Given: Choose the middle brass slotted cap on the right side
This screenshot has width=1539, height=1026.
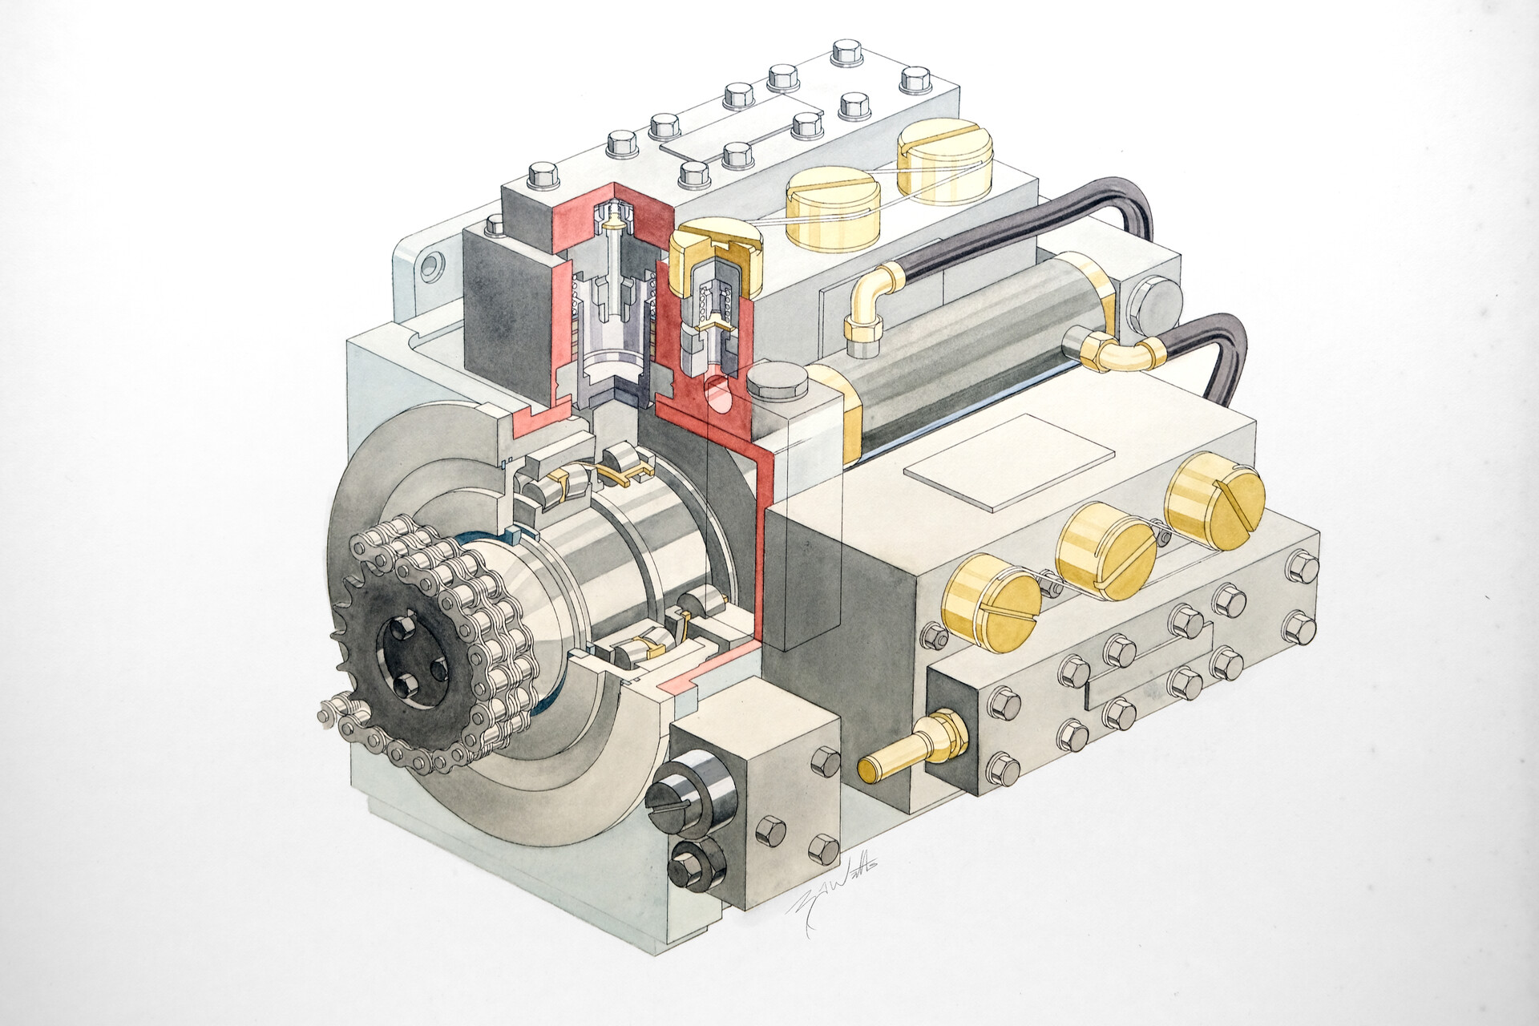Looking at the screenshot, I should (1106, 552).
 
